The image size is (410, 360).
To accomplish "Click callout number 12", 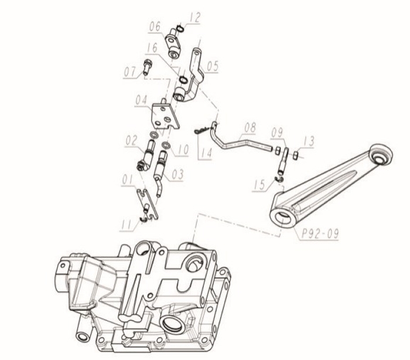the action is click(x=194, y=18).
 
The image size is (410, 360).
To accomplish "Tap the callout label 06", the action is click(x=155, y=27).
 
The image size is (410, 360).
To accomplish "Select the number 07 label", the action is click(x=129, y=72).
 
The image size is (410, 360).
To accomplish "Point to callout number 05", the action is click(x=212, y=66).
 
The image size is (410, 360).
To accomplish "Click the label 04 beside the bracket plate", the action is click(x=142, y=101).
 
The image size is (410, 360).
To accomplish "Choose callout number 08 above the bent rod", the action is click(x=250, y=128).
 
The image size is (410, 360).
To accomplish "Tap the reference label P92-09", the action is click(x=320, y=233).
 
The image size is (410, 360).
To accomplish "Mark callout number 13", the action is click(x=308, y=141).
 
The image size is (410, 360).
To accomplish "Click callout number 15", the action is click(x=260, y=185).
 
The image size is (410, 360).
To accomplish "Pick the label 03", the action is click(x=177, y=174).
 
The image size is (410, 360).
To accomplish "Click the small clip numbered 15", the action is click(x=279, y=179).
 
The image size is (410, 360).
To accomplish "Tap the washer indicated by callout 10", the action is click(x=166, y=145).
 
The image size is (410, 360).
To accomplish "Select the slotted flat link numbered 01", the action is click(x=148, y=204).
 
